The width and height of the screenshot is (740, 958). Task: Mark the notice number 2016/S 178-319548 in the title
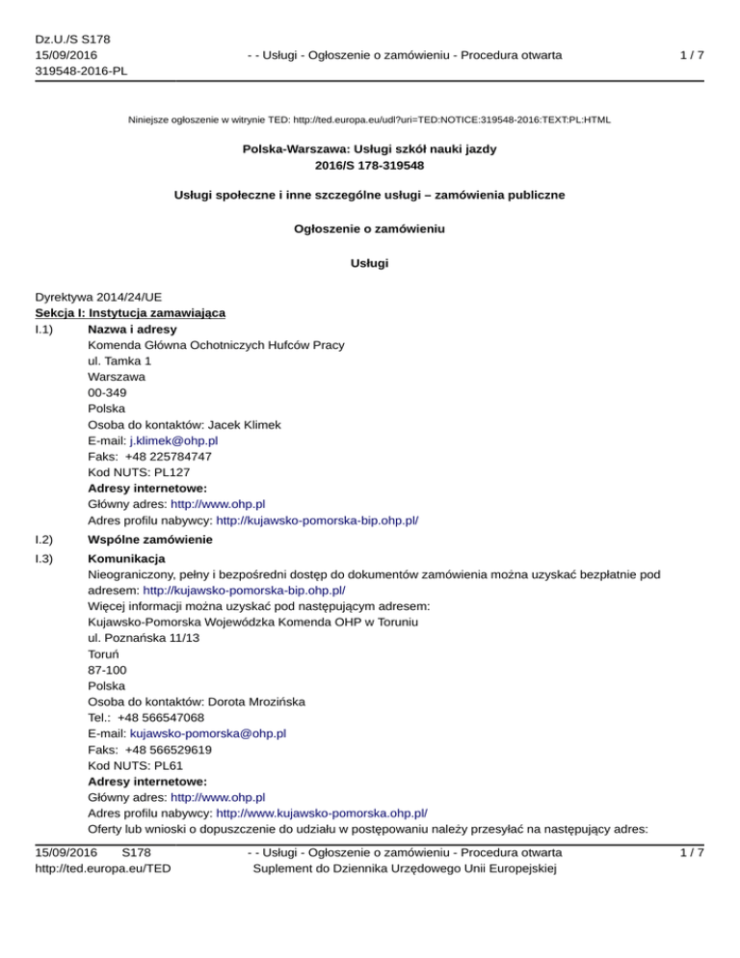(369, 166)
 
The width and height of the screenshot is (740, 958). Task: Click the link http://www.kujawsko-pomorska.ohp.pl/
(322, 812)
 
